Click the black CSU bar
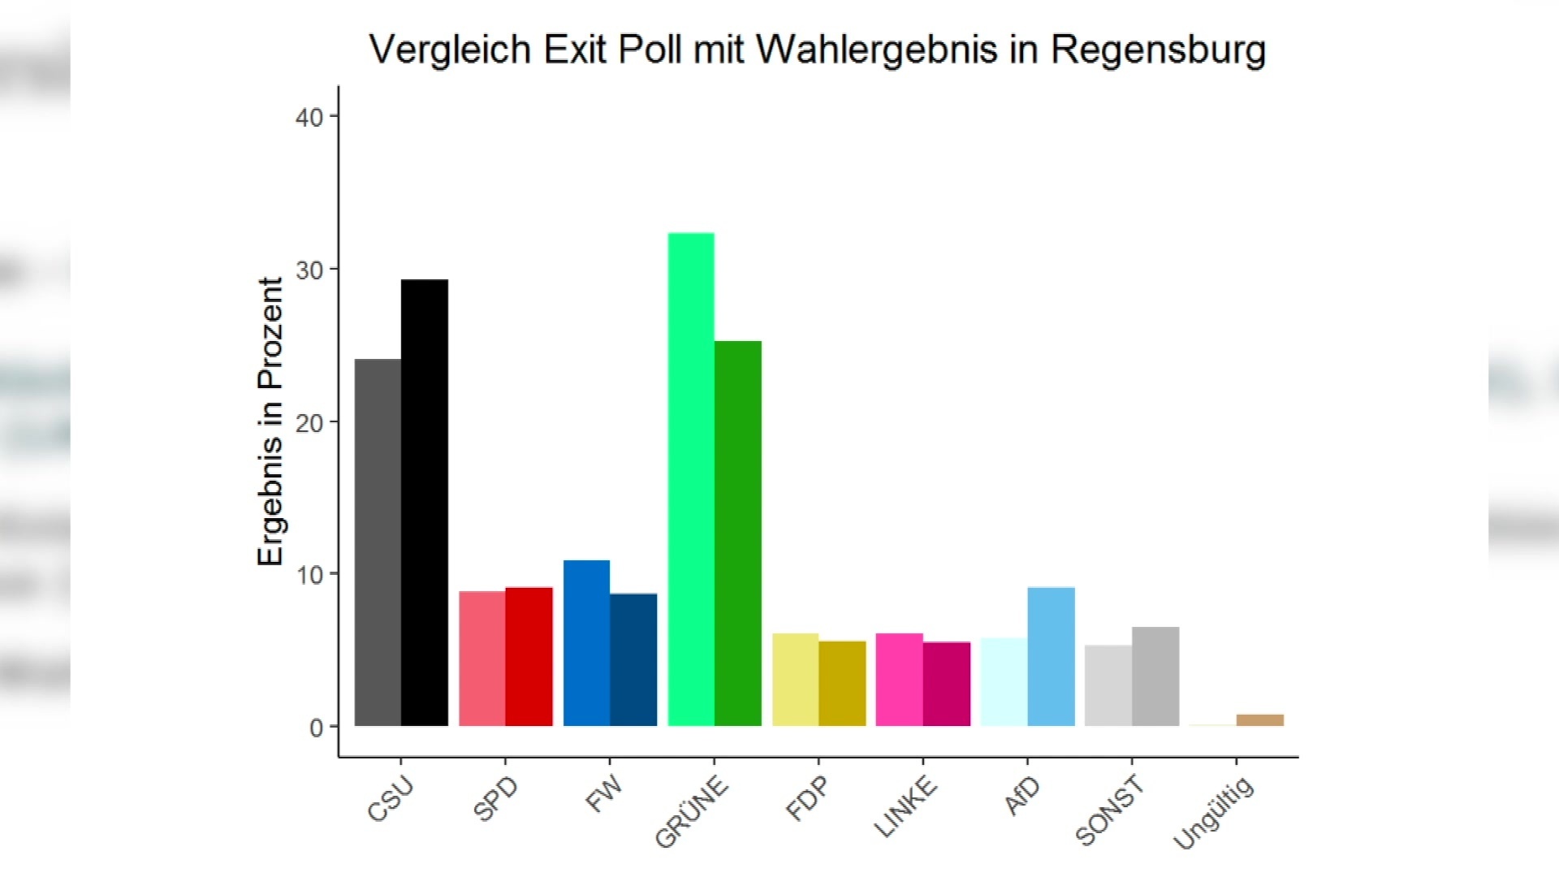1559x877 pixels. click(x=425, y=503)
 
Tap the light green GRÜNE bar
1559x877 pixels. click(x=691, y=479)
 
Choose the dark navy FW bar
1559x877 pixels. click(x=633, y=659)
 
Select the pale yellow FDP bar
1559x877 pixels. click(x=795, y=680)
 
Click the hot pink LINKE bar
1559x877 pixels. click(x=899, y=680)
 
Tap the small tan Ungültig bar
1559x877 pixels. click(x=1259, y=720)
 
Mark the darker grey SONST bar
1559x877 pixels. click(x=1155, y=676)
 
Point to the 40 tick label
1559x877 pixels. click(x=309, y=118)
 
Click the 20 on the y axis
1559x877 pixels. click(x=309, y=423)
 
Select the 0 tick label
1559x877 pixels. click(x=316, y=728)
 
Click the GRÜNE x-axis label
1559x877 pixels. click(x=692, y=811)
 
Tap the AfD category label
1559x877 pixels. click(x=1021, y=795)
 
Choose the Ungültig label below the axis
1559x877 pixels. click(x=1214, y=813)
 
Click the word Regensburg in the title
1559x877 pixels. click(x=1158, y=50)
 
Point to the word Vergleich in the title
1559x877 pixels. click(x=450, y=50)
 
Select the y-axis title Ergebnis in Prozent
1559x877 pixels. click(x=270, y=421)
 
